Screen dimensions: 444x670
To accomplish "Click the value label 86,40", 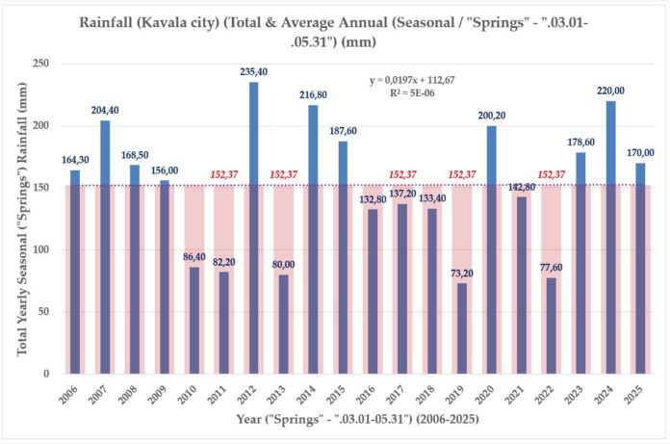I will click(x=194, y=256).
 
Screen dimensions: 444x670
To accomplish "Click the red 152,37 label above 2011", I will click(x=224, y=174).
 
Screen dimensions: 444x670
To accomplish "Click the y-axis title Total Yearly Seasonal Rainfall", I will click(x=21, y=219).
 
